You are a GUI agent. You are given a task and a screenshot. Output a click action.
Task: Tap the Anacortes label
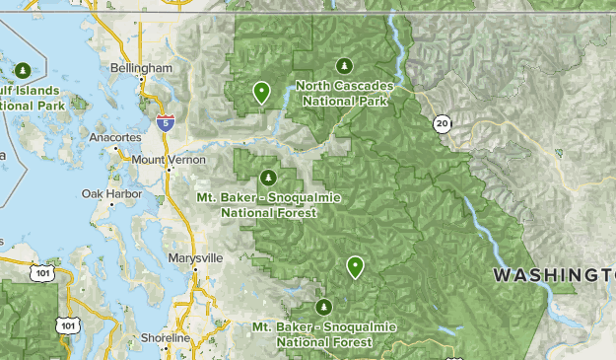click(x=115, y=137)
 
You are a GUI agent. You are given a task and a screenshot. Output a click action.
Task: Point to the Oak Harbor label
click(x=111, y=194)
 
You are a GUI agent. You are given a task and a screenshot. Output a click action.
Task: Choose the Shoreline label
click(x=164, y=337)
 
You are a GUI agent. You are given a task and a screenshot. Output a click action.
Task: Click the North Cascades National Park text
click(x=343, y=93)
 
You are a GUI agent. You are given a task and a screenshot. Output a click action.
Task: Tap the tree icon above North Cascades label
click(x=343, y=66)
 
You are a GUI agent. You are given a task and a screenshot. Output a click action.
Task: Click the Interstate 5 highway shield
click(x=166, y=122)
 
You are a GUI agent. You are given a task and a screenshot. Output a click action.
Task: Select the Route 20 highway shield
click(x=442, y=123)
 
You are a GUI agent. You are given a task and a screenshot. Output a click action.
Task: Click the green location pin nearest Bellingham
click(x=261, y=92)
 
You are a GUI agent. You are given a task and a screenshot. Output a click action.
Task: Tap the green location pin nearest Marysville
click(x=354, y=266)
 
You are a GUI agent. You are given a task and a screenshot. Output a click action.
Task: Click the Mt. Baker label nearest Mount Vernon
click(x=268, y=204)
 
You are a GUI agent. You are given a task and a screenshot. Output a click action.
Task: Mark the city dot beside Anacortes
click(x=115, y=149)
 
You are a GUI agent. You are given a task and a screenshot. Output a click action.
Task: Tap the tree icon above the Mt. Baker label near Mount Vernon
click(x=267, y=178)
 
